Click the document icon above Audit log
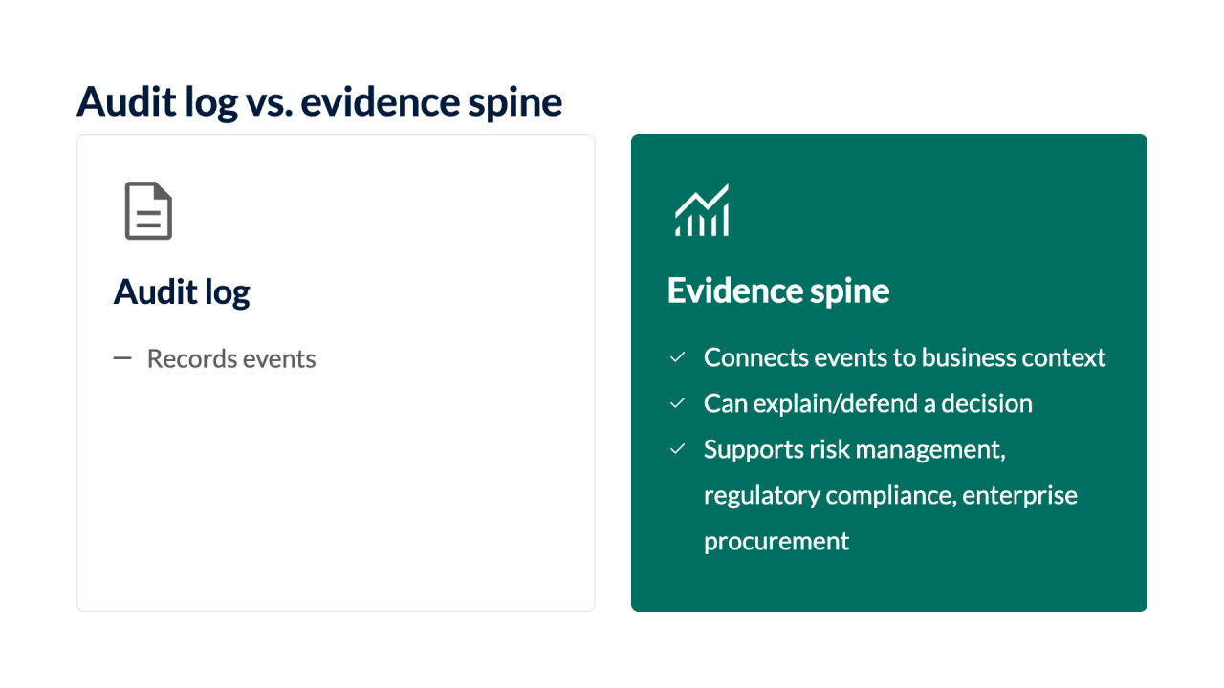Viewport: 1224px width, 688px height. click(148, 211)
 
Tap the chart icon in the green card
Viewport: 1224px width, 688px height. click(702, 210)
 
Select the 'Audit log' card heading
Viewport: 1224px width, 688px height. click(182, 292)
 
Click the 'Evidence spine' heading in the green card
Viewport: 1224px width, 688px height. click(778, 290)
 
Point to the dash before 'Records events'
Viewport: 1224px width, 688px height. click(122, 358)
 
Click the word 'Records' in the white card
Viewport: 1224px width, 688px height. click(191, 358)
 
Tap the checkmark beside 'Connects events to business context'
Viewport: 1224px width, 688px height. click(678, 357)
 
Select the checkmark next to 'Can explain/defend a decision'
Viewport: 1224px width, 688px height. click(678, 403)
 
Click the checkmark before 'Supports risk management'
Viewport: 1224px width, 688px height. click(678, 449)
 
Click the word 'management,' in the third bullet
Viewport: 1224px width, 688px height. click(930, 450)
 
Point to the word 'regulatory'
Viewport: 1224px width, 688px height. click(761, 496)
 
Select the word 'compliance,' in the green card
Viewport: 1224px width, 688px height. click(891, 496)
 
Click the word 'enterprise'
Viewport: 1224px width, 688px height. click(1020, 496)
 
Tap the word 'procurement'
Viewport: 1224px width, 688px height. click(776, 542)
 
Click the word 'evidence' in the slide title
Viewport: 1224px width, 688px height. click(380, 102)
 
